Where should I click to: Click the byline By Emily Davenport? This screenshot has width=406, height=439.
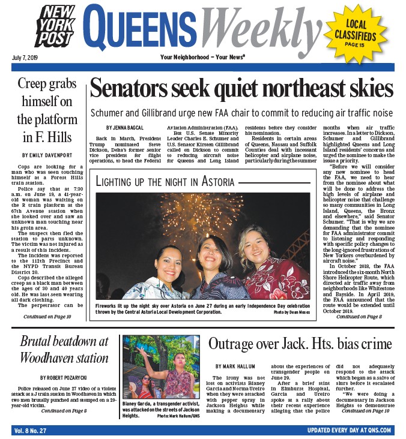(x=47, y=155)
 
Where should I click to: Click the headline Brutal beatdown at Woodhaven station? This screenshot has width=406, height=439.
(x=64, y=350)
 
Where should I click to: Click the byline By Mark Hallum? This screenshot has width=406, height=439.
(x=235, y=366)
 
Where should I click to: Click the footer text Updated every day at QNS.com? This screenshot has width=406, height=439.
(x=348, y=430)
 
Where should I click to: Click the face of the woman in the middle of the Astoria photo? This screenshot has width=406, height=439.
(x=215, y=253)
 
